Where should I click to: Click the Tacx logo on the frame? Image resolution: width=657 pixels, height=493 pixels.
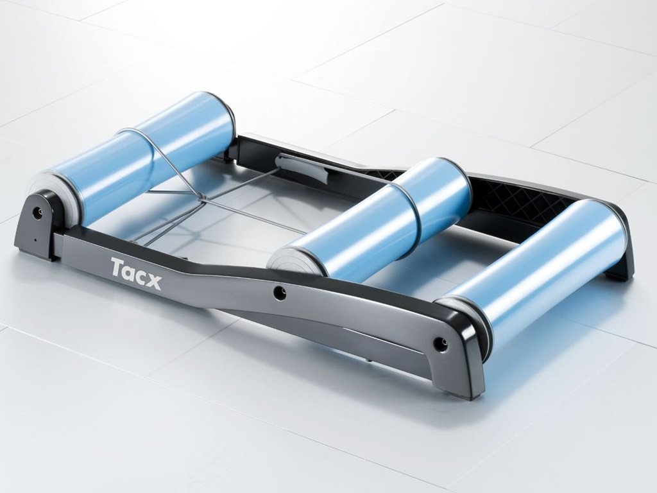pyautogui.click(x=135, y=273)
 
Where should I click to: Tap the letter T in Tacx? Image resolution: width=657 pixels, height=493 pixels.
pyautogui.click(x=117, y=267)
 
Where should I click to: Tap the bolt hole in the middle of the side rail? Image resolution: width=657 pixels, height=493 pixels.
pyautogui.click(x=279, y=293)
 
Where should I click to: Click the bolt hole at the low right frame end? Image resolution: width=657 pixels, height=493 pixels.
pyautogui.click(x=439, y=344)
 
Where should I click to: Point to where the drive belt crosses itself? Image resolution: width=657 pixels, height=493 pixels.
pyautogui.click(x=200, y=198)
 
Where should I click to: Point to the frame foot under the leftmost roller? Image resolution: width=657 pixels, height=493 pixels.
pyautogui.click(x=32, y=247)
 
